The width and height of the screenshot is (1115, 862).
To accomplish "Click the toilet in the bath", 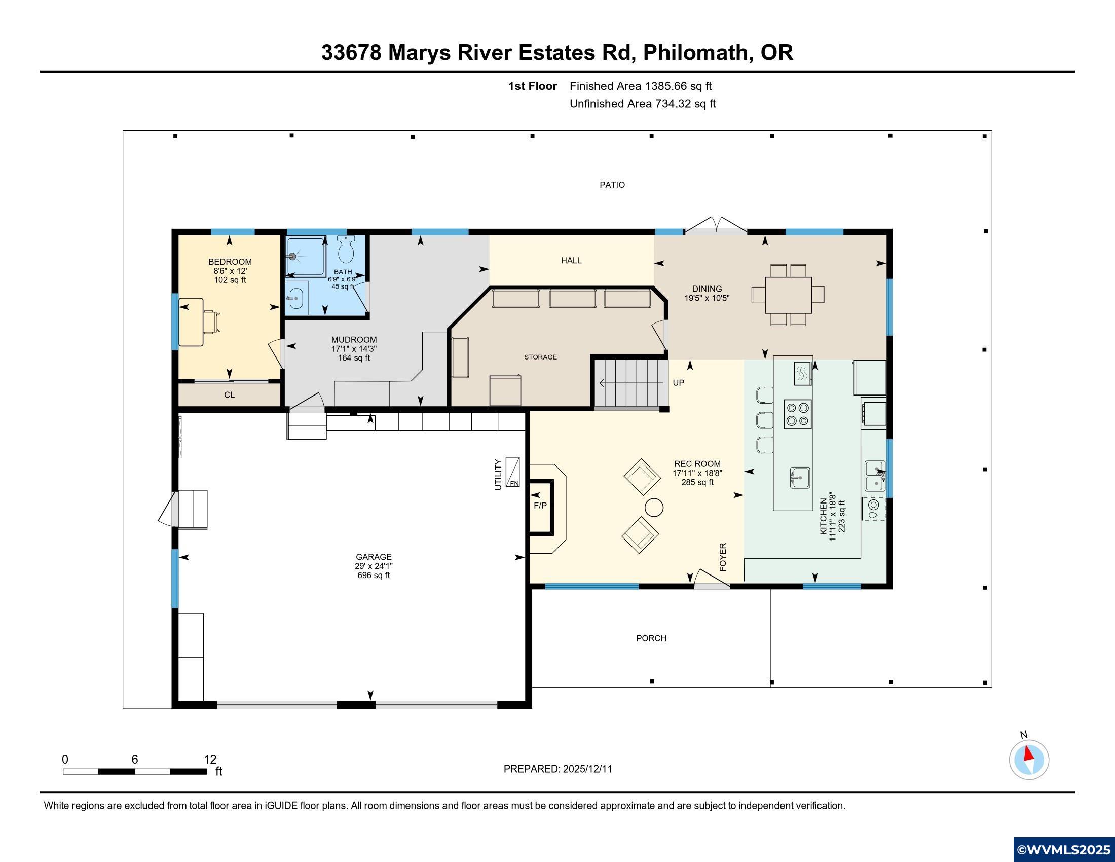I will (x=347, y=249).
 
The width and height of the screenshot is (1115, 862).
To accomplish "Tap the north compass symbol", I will (x=1029, y=760).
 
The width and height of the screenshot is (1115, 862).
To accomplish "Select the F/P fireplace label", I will (x=540, y=506).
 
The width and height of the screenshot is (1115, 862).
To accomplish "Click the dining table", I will (x=788, y=295).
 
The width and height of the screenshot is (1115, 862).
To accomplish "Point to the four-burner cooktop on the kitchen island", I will (x=797, y=414).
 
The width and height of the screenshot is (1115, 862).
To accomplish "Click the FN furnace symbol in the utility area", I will (x=512, y=472).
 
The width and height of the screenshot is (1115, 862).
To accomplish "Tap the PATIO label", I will (x=612, y=185).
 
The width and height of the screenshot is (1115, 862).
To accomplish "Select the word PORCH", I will (x=651, y=638).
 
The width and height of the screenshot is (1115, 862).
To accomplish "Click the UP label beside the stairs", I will (x=678, y=383).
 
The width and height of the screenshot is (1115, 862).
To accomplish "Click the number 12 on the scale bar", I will (x=210, y=760).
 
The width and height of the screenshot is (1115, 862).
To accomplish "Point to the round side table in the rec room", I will (x=654, y=508).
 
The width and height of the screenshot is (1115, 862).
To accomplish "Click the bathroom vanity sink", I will (x=295, y=297).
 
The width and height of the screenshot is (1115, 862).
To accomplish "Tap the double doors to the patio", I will (x=716, y=226).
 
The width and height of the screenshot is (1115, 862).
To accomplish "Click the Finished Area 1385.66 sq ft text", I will (x=640, y=86).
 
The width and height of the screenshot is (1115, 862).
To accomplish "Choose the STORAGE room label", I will (x=540, y=357).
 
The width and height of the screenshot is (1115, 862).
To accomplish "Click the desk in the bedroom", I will (x=191, y=322).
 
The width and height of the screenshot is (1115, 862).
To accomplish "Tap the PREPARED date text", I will (x=557, y=769).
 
